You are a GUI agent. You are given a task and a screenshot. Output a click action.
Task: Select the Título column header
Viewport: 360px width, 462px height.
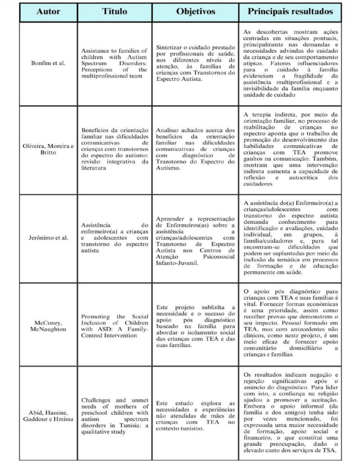114,11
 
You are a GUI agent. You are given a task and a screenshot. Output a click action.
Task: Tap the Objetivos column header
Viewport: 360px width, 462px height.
194,11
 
